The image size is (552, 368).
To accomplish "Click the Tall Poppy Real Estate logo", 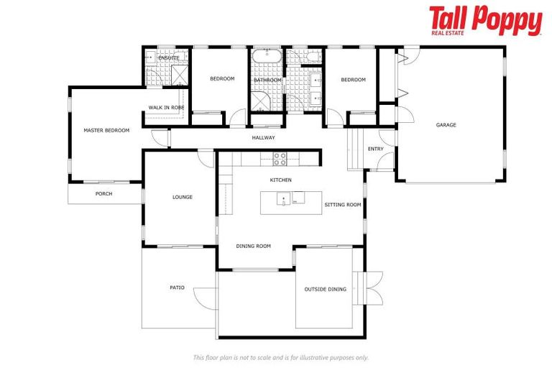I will [485, 21].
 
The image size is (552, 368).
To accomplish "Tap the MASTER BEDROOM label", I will [106, 130].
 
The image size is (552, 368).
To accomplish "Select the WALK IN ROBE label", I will [166, 107].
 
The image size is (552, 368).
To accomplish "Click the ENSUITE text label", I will [169, 57].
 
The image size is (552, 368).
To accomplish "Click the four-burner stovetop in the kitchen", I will [280, 159].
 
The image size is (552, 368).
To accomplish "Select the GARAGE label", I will [446, 125].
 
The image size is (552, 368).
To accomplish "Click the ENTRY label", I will [375, 149].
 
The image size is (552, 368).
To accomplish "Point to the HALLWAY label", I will [263, 137].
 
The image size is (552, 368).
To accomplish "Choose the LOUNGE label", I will [183, 197].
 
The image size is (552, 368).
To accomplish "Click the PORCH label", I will [103, 193].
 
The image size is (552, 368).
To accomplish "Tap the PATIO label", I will [177, 287].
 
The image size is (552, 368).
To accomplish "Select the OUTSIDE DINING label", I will [325, 289].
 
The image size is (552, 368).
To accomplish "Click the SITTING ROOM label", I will [342, 205].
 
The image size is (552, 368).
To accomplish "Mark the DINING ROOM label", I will [253, 246].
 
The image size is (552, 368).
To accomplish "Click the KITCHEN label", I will [280, 180].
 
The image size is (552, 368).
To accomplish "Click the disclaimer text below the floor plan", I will [280, 357].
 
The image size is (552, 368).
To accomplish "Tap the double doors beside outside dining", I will [373, 288].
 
